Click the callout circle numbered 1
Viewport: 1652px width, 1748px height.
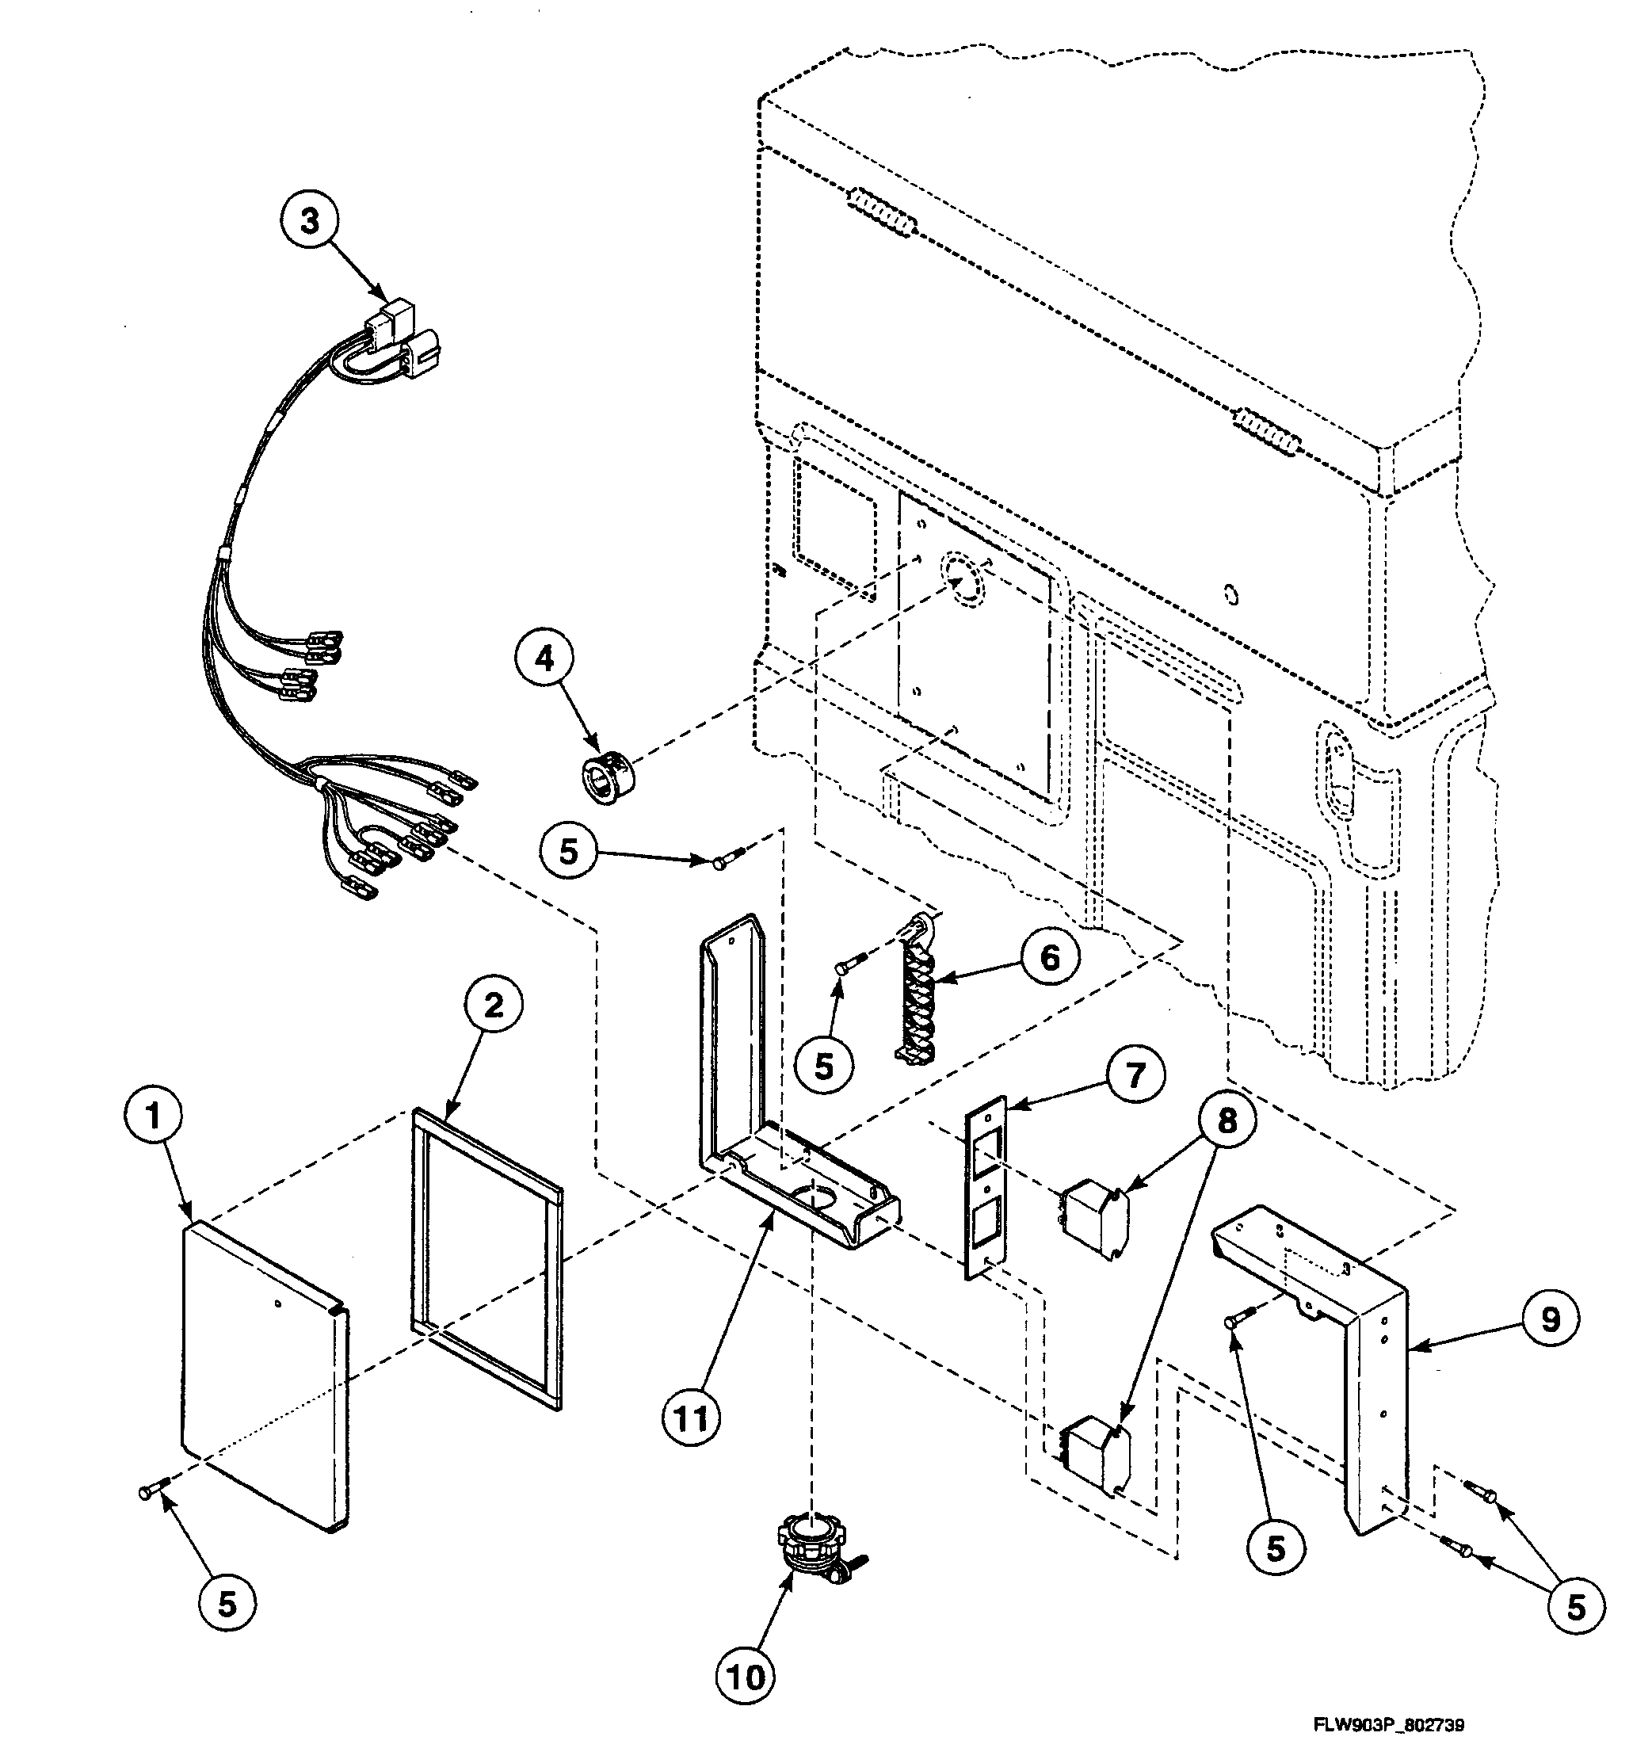[x=153, y=1117]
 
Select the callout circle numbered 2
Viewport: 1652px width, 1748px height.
[x=493, y=1005]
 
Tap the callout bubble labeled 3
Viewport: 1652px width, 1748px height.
[x=310, y=221]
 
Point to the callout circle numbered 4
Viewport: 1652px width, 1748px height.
[x=545, y=658]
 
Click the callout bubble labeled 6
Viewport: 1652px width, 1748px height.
[x=1050, y=957]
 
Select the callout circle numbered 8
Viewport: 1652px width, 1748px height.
[x=1227, y=1121]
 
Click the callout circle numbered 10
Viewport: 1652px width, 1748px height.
[x=745, y=1678]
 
